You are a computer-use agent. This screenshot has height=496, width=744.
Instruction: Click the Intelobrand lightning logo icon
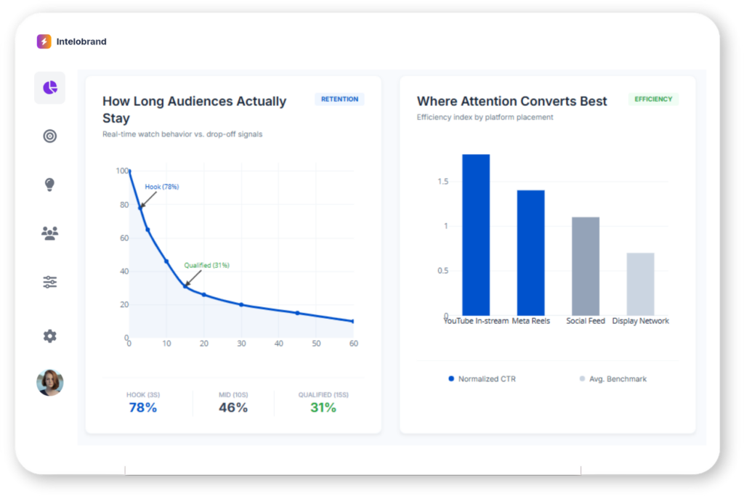pos(44,41)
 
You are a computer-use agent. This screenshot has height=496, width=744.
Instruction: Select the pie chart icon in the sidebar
pos(49,88)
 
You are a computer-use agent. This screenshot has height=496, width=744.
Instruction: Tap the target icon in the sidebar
pos(49,136)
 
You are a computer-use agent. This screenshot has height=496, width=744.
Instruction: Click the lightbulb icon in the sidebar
pos(49,184)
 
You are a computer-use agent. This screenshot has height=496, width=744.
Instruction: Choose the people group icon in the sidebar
pos(49,233)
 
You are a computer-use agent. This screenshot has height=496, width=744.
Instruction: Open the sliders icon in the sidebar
pos(49,282)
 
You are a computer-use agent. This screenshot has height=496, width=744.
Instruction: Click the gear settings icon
pos(49,336)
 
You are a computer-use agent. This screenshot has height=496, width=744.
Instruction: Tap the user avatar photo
pos(49,383)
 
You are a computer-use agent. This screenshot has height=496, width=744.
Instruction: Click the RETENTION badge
pos(339,99)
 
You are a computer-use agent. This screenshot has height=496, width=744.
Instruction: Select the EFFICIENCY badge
pos(653,99)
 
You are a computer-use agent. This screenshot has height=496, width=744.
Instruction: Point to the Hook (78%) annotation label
pos(161,187)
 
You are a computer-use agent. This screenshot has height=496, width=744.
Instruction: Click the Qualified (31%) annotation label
pos(206,265)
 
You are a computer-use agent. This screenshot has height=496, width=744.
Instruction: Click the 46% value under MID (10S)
pos(233,407)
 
